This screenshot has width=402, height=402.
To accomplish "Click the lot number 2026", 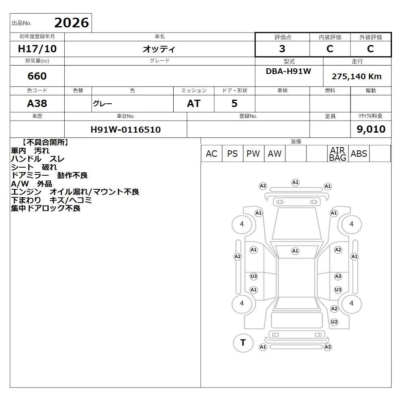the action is point(72,23).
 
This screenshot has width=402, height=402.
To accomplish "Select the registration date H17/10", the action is point(37,49).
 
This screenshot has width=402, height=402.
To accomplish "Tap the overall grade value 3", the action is point(282,49).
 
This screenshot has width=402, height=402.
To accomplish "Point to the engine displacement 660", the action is point(37,76).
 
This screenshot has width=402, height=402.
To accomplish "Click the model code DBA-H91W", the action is point(288,71).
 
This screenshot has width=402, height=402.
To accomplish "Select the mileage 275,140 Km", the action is point(357,76).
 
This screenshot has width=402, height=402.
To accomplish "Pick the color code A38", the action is point(37,104).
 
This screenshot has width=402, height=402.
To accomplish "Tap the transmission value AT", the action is point(194,104).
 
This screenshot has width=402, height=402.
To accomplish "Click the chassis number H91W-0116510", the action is point(125,129).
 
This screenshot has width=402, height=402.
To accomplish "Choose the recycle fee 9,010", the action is point(371,129).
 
